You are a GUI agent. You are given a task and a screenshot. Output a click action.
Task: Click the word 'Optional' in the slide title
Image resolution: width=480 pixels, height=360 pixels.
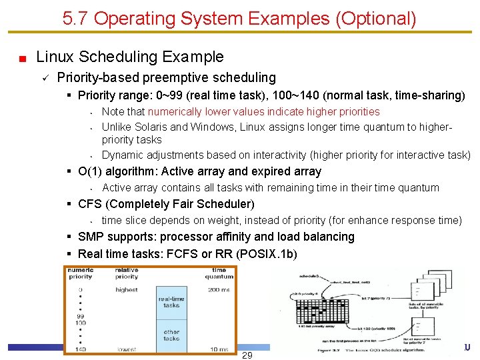373,19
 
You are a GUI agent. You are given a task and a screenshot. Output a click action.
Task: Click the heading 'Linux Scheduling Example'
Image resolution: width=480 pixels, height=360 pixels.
130,57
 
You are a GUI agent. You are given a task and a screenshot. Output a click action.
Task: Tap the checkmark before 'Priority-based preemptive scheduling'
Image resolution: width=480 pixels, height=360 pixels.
44,78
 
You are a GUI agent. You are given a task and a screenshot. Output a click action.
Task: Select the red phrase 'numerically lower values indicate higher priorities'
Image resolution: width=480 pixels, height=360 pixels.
263,112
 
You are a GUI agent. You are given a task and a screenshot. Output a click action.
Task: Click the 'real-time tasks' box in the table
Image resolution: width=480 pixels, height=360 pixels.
171,302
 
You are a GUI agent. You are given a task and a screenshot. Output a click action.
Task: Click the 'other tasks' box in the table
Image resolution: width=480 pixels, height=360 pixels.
171,335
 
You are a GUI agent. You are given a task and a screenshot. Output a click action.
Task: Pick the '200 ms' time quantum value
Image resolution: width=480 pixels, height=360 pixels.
219,290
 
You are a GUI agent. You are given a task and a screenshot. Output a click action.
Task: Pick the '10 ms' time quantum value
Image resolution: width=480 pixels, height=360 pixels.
220,349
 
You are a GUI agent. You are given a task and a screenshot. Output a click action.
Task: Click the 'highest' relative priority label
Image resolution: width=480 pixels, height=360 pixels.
126,290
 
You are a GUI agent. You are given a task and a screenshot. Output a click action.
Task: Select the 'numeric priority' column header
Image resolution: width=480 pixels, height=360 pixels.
81,273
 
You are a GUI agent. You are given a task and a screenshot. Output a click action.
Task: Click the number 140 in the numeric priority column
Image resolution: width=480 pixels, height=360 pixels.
80,349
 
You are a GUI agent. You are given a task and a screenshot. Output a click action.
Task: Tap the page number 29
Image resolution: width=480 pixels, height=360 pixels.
247,355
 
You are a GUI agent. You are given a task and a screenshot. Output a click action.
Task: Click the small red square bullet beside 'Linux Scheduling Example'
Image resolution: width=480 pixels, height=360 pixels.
22,59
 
